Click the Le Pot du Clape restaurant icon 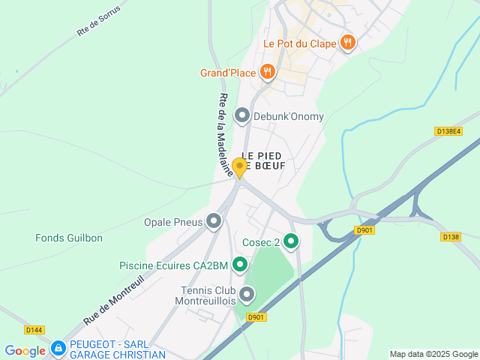point(347,43)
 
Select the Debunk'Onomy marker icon point(242,115)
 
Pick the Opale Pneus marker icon point(214,221)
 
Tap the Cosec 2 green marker point(290,241)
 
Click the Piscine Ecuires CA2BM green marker point(240,264)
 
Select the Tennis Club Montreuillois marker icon point(246,294)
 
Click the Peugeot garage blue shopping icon point(58,349)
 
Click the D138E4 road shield point(448,131)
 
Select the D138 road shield point(450,237)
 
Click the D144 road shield point(34,329)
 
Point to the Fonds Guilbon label point(69,238)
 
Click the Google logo point(25,350)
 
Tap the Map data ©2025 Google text point(433,354)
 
